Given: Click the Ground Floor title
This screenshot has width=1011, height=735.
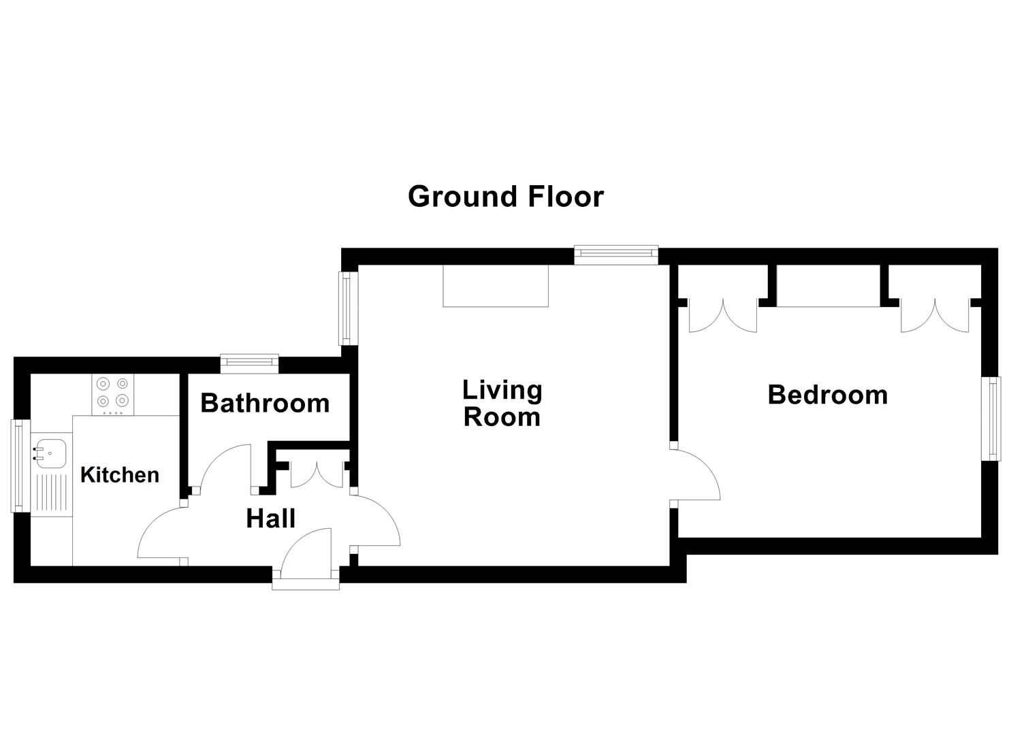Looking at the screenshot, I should pos(505,197).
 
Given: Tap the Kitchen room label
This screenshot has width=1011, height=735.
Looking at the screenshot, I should pos(120,474).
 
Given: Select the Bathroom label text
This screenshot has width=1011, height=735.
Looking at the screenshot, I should pos(265,403).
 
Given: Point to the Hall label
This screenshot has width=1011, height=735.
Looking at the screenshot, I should pos(270,519).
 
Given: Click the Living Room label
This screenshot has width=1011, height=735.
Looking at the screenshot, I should pos(502,403).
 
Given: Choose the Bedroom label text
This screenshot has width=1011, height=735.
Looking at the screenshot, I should pos(827,395).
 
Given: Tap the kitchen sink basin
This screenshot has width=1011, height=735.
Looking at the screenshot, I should pos(51,453).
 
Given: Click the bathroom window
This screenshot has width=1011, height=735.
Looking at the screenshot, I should pos(249,363).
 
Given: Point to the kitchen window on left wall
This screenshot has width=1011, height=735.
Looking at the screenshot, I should pos(18,466).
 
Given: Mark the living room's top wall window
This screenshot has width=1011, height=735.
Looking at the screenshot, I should pos(616,255).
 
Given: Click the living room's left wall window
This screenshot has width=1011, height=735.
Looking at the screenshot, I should pos(349,308).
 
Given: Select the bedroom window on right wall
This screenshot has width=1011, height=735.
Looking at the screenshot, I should pos(994,419).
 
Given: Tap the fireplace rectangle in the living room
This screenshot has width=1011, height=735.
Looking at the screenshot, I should pos(496,286).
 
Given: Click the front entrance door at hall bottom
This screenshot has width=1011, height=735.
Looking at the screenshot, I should pos(306,557).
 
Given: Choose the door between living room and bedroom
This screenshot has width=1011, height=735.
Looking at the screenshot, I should pos(696,474).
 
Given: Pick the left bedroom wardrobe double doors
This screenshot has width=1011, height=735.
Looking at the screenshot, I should pos(722,316).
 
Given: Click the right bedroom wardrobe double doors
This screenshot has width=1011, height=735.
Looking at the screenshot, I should pos(935,316).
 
